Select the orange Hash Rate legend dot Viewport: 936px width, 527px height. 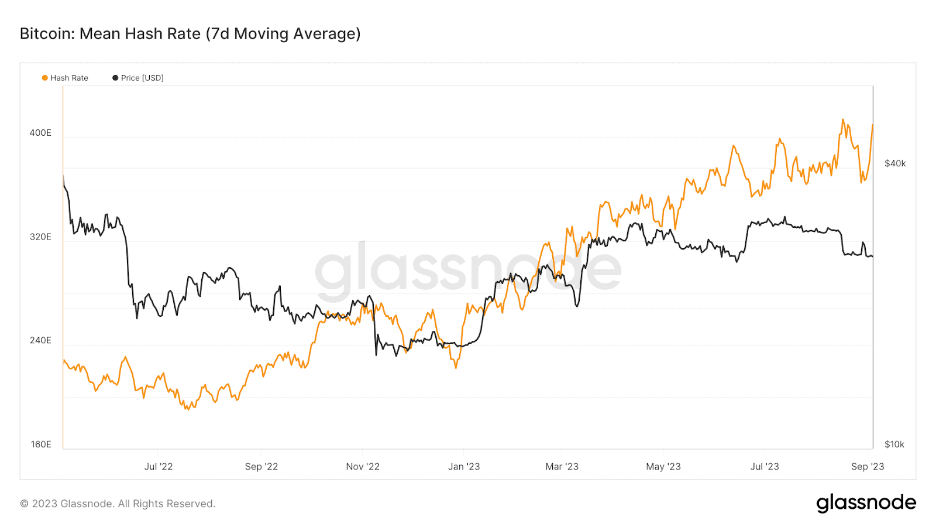[45, 78]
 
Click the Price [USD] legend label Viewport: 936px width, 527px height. [142, 78]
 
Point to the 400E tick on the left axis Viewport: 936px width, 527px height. [40, 133]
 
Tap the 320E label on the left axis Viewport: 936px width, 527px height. [40, 237]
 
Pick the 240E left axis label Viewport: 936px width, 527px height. [40, 340]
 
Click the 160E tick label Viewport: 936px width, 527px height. [40, 444]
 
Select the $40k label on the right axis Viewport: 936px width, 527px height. [895, 163]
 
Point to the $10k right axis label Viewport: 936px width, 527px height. [894, 444]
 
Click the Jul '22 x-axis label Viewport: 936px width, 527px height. [159, 467]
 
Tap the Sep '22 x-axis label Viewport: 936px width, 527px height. [261, 467]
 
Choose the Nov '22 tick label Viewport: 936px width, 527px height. [363, 467]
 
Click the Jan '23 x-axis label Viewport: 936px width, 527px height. [464, 467]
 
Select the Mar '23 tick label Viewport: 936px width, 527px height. [562, 467]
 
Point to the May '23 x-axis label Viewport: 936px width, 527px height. [663, 467]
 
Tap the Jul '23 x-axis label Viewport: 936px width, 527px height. [765, 467]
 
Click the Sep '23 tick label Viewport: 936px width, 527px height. [868, 467]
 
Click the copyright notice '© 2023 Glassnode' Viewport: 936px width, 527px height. [118, 504]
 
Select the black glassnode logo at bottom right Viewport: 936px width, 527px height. [866, 503]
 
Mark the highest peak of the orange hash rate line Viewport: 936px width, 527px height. [843, 119]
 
